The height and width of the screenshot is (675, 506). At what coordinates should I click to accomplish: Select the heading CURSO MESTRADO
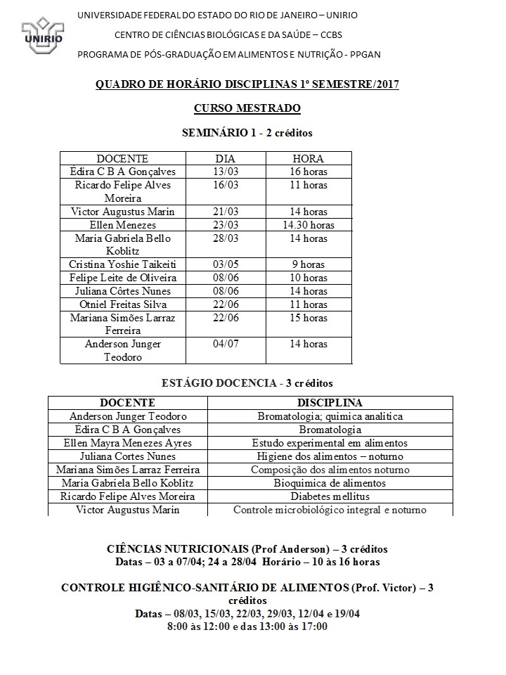tap(247, 108)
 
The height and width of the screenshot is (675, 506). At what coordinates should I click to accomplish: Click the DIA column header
tap(225, 159)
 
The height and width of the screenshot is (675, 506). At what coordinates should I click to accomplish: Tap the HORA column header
tap(308, 159)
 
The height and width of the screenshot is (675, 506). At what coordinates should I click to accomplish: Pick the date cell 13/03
tap(225, 172)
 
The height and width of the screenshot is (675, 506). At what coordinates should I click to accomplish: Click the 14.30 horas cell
tap(309, 225)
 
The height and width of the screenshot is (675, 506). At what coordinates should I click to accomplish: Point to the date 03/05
tap(225, 264)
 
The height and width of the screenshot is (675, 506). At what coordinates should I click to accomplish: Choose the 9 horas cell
tap(309, 264)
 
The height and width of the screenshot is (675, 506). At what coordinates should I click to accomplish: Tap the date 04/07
tap(225, 344)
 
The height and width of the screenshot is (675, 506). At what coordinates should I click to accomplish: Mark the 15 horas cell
tap(309, 318)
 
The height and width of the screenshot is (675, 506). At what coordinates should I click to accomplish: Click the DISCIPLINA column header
tap(330, 403)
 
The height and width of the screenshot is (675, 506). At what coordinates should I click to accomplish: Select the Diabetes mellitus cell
tap(330, 496)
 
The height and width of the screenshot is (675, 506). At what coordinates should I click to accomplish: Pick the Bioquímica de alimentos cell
tap(330, 483)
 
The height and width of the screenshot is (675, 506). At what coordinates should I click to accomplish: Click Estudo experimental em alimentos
tap(330, 443)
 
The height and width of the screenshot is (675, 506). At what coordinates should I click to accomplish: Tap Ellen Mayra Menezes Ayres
tap(127, 443)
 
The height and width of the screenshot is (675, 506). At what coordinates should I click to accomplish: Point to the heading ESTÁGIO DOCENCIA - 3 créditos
tap(247, 383)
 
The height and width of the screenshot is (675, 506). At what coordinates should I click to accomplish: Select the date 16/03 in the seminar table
tap(225, 185)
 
